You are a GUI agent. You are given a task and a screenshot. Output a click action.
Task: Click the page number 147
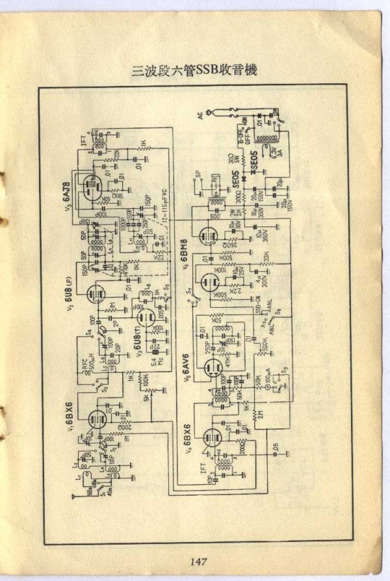point(198,562)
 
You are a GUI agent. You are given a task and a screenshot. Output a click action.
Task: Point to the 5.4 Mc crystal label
point(154,360)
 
